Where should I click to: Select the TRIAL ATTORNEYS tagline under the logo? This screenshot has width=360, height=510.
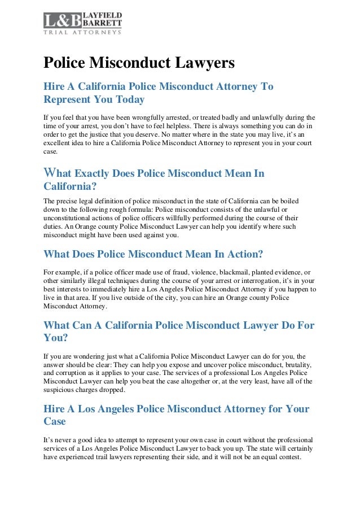[x=82, y=32]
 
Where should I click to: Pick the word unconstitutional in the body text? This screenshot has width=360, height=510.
[x=72, y=219]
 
